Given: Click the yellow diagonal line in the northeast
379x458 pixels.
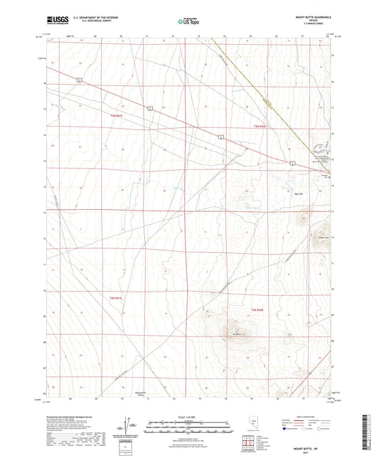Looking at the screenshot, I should tap(263, 100).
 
